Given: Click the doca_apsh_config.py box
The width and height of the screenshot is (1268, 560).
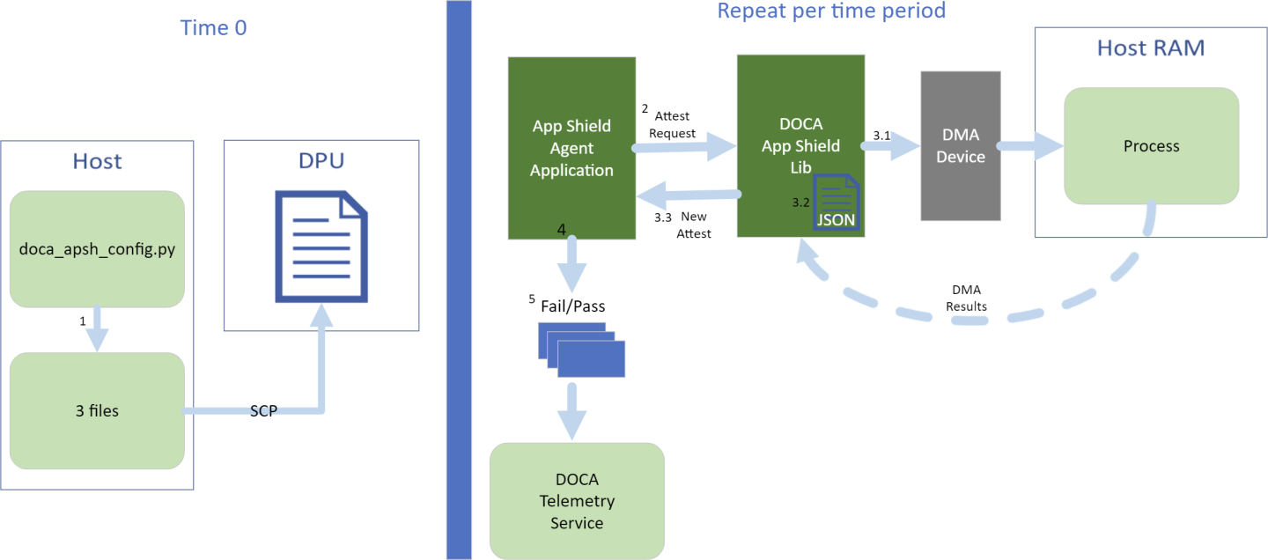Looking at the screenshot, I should click(x=97, y=249).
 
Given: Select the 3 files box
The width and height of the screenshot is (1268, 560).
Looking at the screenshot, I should click(x=97, y=409).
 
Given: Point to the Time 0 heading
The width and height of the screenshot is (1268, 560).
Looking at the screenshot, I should click(x=213, y=28).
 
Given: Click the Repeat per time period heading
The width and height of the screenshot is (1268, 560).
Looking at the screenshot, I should click(x=831, y=11).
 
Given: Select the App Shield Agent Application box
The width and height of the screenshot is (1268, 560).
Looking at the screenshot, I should click(x=571, y=148).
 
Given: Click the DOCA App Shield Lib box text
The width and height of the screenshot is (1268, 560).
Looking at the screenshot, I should click(x=800, y=145).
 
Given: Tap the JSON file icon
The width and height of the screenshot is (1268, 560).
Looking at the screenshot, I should click(x=836, y=202).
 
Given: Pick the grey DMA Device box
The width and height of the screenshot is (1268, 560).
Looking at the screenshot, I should click(x=960, y=145).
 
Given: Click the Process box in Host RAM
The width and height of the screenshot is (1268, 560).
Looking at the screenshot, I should click(x=1151, y=145).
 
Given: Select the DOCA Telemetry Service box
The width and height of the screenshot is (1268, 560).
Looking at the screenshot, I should click(x=577, y=500).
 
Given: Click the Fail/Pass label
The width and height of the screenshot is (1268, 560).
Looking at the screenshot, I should click(x=572, y=306).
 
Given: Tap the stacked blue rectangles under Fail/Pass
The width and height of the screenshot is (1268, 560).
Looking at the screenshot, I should click(x=581, y=350).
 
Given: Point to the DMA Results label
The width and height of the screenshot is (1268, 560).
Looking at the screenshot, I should click(x=967, y=298).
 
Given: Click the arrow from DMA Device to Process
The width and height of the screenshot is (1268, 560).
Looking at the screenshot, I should click(x=1031, y=147).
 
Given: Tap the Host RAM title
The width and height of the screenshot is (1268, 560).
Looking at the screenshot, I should click(x=1150, y=48).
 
